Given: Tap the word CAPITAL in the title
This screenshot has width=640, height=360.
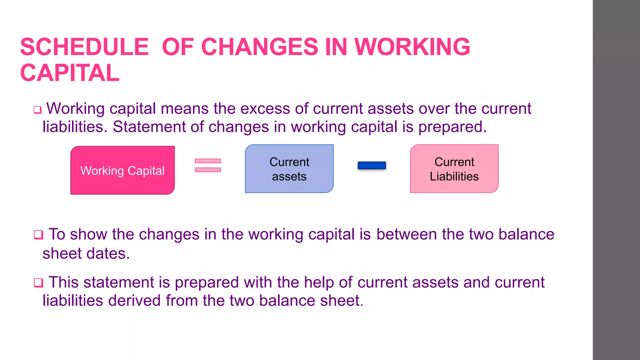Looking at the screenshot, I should pos(70,73).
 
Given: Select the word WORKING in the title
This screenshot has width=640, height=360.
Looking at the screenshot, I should pos(412,47).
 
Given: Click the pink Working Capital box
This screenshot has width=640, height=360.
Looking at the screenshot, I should pos(122,170).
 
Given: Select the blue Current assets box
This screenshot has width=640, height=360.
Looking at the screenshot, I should pos(289,169).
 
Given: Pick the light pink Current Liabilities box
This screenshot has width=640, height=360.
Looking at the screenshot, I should pos(454,169).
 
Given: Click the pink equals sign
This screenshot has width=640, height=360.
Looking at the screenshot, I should pos(208,165).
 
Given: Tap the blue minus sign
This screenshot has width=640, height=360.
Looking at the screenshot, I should pos(372,165).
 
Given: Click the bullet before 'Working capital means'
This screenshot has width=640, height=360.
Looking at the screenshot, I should pos(37,110).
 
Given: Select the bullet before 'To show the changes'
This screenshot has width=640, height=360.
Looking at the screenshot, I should pos(38,234).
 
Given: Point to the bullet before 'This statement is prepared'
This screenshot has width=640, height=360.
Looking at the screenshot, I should pos(38,282).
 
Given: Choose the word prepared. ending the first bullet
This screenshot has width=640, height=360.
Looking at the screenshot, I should pos(452,127).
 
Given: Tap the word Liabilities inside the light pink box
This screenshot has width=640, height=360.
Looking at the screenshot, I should pos(454,177).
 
